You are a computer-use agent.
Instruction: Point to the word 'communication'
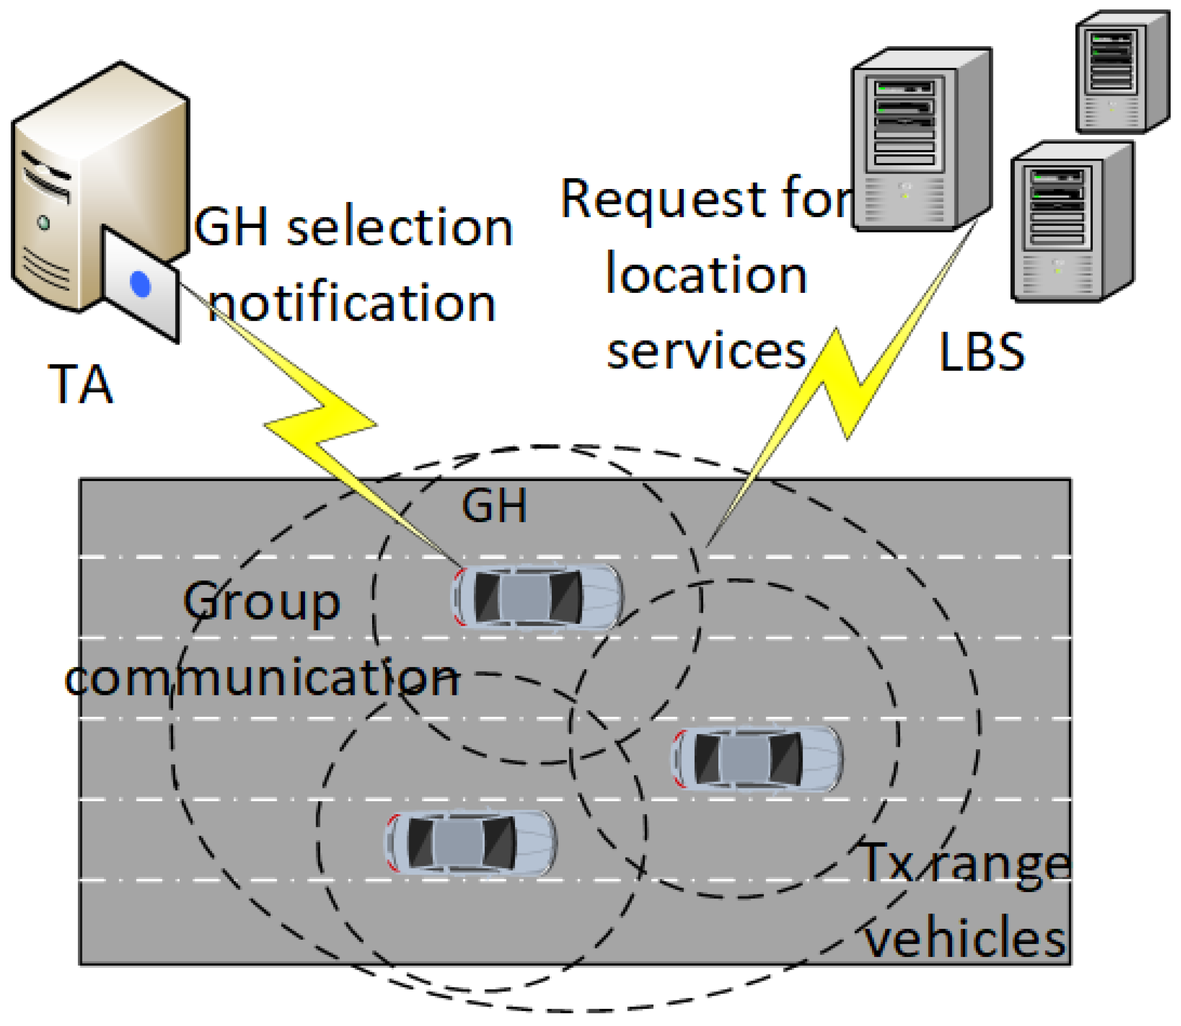pyautogui.click(x=262, y=678)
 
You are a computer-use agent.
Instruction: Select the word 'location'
pyautogui.click(x=706, y=275)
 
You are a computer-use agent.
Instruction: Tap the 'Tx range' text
pyautogui.click(x=964, y=864)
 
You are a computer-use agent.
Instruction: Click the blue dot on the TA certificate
pyautogui.click(x=140, y=284)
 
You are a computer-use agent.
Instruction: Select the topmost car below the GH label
pyautogui.click(x=538, y=597)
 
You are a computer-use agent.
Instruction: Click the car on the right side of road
pyautogui.click(x=757, y=759)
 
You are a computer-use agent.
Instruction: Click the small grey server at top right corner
pyautogui.click(x=1121, y=72)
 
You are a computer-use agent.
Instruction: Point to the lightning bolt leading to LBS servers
pyautogui.click(x=842, y=378)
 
